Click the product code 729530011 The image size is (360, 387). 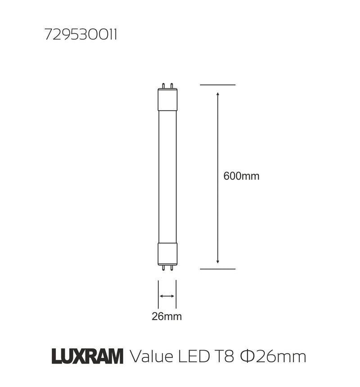(x=81, y=36)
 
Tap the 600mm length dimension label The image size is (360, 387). (x=241, y=176)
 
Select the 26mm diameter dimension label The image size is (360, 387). (x=166, y=316)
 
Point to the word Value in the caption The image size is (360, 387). (x=151, y=357)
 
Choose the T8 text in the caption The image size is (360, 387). (x=223, y=357)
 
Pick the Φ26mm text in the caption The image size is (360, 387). (x=273, y=357)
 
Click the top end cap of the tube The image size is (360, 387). (x=167, y=99)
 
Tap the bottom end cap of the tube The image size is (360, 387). (x=167, y=253)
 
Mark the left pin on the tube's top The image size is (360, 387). (x=163, y=85)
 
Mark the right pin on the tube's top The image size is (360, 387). (x=171, y=85)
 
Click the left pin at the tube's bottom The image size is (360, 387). (x=163, y=267)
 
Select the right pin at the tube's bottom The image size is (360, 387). (x=171, y=267)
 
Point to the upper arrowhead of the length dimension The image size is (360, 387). (x=218, y=94)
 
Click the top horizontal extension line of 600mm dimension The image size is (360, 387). (x=218, y=85)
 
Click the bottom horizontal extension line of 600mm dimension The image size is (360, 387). (x=218, y=269)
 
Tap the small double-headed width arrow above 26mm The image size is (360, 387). (x=167, y=296)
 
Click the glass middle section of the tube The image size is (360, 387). (x=167, y=175)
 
